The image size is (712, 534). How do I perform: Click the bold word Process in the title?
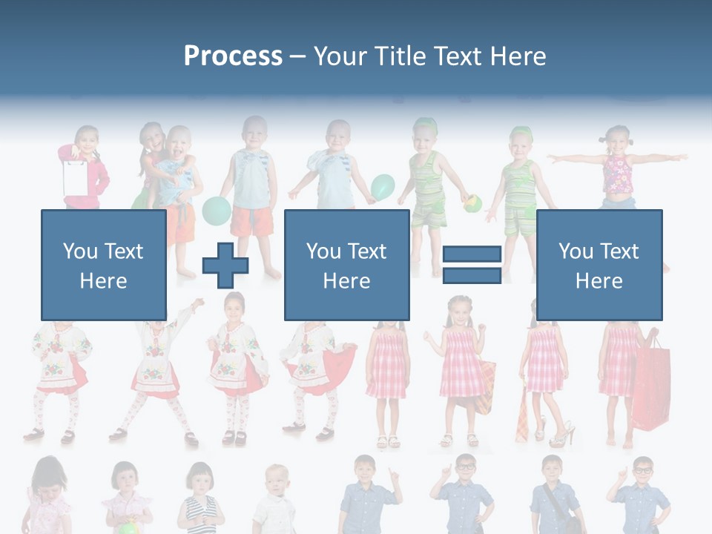pyautogui.click(x=233, y=56)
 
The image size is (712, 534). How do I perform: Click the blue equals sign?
pyautogui.click(x=472, y=265)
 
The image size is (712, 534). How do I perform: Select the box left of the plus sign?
pyautogui.click(x=103, y=265)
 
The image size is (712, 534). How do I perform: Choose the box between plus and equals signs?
pyautogui.click(x=346, y=265)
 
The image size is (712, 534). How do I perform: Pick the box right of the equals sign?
pyautogui.click(x=599, y=265)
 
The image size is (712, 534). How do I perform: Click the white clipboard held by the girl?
pyautogui.click(x=75, y=177)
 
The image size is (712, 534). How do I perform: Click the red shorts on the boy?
pyautogui.click(x=252, y=221)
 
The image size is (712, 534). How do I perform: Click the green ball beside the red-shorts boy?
pyautogui.click(x=217, y=210)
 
